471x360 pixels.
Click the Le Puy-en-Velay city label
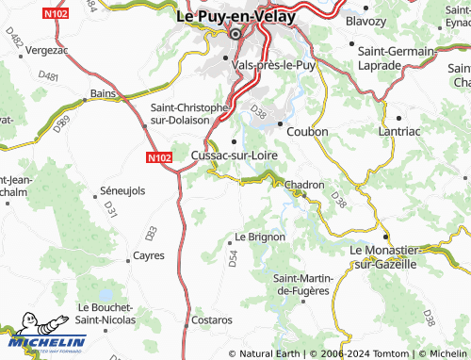pos(235,16)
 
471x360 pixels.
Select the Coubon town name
pos(307,132)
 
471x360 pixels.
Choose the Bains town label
pos(102,93)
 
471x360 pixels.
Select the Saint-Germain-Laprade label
pos(395,58)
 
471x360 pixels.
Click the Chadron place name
pos(304,186)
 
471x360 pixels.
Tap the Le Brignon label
pos(260,237)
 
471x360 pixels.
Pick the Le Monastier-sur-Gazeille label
pos(383,257)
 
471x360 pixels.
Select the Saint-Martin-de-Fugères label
pos(301,284)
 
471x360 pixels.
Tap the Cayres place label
pos(149,255)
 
